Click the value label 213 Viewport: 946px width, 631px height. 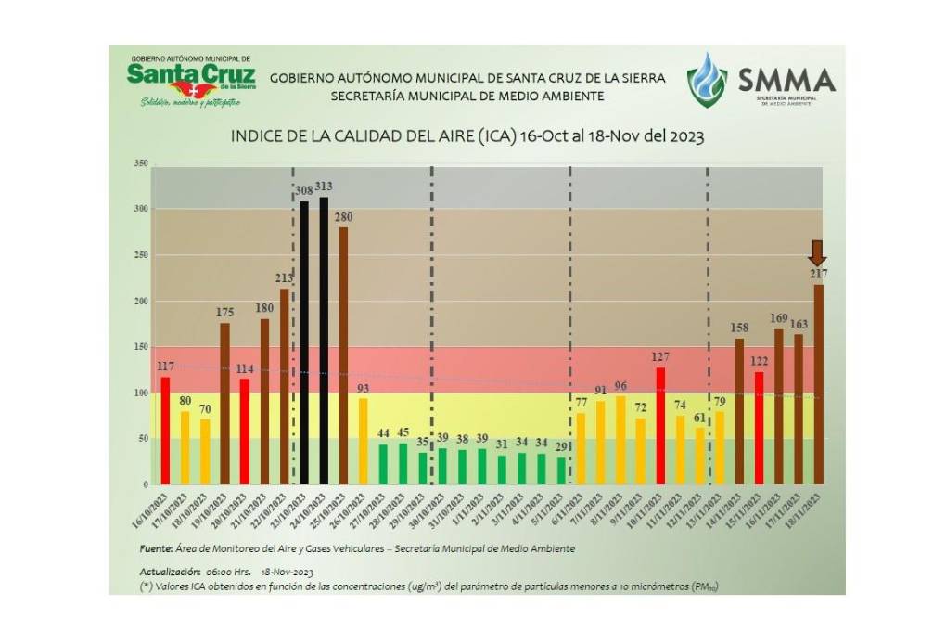284,277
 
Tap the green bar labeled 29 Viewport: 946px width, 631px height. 561,470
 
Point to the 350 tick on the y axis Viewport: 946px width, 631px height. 141,163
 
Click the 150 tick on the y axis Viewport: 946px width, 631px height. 141,347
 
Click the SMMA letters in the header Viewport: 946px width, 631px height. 786,80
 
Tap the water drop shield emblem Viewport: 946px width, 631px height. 707,80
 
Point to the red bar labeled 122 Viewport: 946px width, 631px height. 759,427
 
